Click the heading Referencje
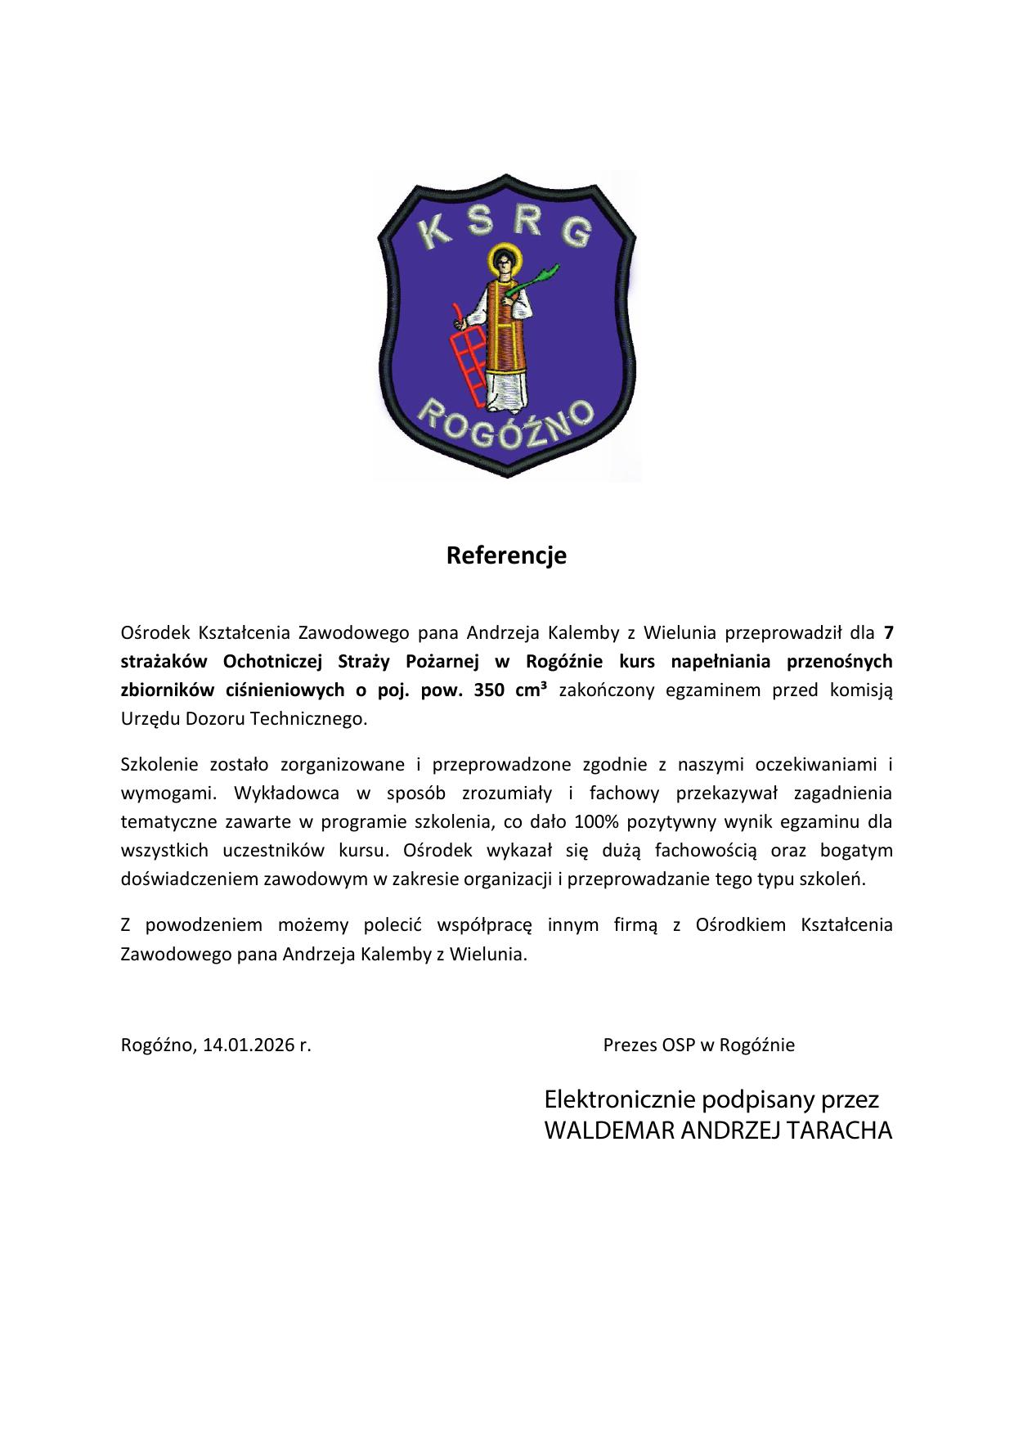click(506, 556)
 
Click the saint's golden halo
click(503, 262)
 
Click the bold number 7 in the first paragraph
click(888, 632)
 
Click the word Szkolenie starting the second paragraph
click(159, 765)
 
